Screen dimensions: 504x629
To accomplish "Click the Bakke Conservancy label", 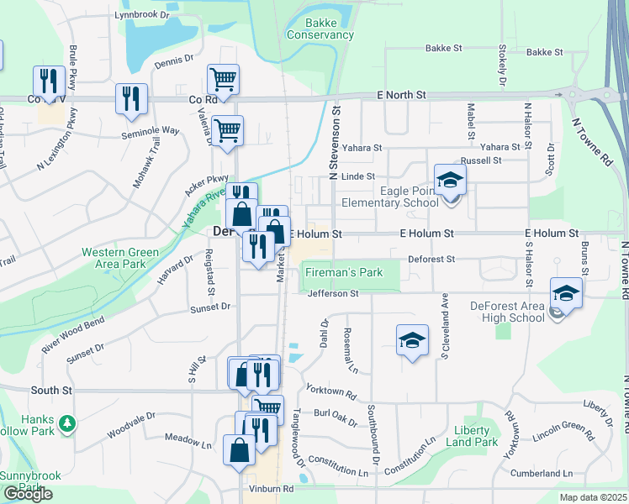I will click(320, 29).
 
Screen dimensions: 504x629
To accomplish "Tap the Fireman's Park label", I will click(343, 272).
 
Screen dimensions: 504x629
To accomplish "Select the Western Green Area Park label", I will click(119, 258).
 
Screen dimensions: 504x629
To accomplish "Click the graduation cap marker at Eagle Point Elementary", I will click(450, 179).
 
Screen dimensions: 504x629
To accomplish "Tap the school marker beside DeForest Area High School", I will click(567, 294).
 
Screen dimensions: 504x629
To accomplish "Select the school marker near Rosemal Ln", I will click(412, 339).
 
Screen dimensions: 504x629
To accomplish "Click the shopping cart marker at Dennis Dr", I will click(223, 80).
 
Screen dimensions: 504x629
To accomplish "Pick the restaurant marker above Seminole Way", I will click(131, 98).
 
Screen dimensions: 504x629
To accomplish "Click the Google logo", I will click(28, 494).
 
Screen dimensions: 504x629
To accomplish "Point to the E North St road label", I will click(407, 95).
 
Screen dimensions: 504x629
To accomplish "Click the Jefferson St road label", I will click(333, 293).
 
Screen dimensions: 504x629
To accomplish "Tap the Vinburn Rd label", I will click(270, 488).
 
